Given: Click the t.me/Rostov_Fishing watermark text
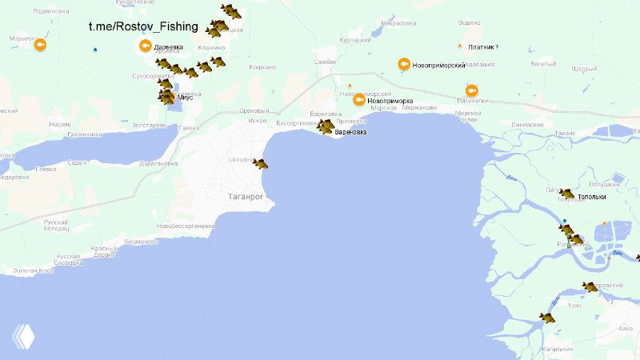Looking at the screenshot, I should pos(143,26).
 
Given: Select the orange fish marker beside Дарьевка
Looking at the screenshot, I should pos(145,46).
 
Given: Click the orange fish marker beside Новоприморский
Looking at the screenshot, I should pos(404,64).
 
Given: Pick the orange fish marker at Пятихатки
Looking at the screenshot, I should pos(471,91).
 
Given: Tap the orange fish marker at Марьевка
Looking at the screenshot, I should pos(39,44).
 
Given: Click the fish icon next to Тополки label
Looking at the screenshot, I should pos(566,194).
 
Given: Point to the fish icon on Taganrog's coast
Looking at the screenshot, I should pos(260,164).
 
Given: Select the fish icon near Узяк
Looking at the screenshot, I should pos(547,318).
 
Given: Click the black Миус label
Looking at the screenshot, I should pos(185,98).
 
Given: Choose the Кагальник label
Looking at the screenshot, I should pos(558,349).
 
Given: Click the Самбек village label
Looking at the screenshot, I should pos(325,62).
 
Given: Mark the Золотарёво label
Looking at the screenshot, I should pos(150,125).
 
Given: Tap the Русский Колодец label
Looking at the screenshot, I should pos(56,226).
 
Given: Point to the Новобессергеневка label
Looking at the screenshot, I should pos(186,226).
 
